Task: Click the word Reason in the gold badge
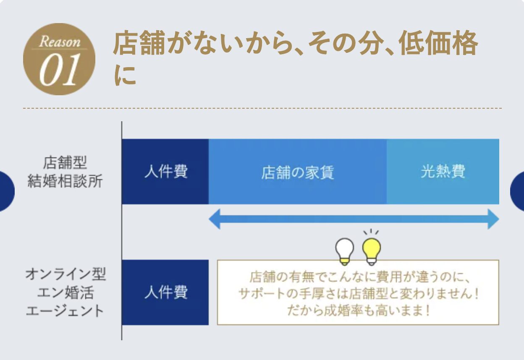point(60,42)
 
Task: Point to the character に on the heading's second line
point(125,75)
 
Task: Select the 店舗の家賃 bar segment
point(298,172)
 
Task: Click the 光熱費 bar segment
point(443,172)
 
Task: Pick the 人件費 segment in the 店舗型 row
point(165,172)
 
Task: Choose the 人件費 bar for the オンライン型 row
point(165,292)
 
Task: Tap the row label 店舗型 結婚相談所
point(65,172)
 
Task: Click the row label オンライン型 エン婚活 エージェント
point(65,292)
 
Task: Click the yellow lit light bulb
point(372,248)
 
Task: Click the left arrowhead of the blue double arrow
point(214,219)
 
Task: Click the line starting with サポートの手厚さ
point(358,293)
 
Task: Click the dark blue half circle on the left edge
point(7,191)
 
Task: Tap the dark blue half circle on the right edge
point(517,191)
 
